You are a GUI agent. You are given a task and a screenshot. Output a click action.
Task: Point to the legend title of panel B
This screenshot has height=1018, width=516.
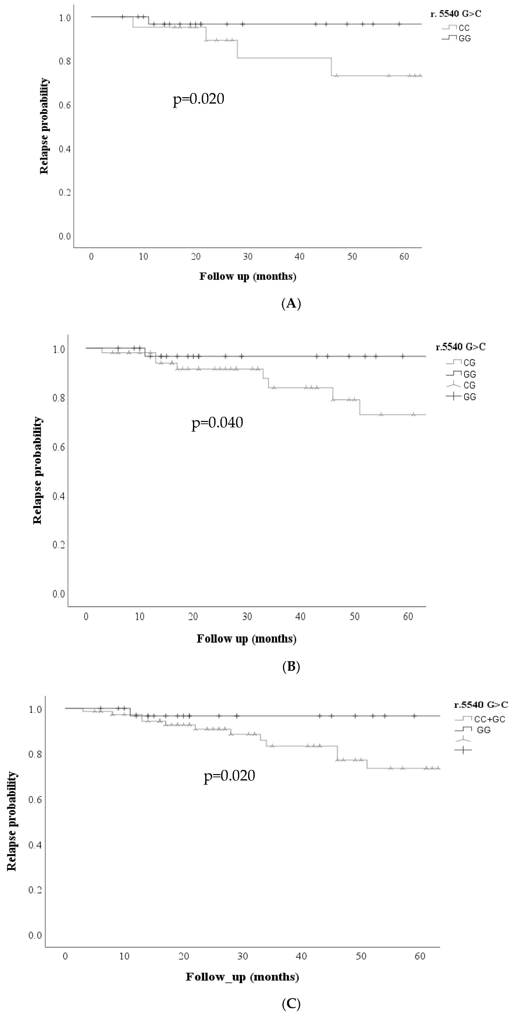coord(460,347)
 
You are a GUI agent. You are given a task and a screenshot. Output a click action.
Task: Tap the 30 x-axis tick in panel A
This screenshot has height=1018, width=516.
coord(248,256)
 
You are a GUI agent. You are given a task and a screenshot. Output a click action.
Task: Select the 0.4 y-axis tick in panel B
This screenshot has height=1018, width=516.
coord(59,496)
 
